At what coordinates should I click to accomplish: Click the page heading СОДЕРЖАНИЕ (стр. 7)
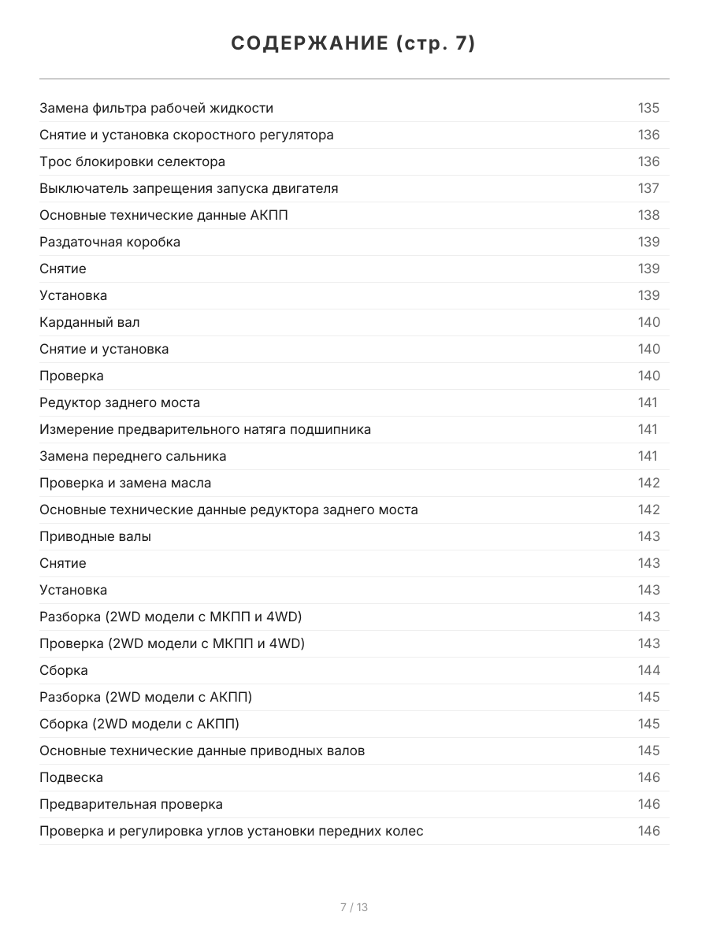(354, 44)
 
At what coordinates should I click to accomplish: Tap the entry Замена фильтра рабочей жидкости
(156, 108)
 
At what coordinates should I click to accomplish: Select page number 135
(648, 108)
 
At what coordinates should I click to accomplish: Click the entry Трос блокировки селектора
(132, 161)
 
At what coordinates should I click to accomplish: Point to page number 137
(648, 188)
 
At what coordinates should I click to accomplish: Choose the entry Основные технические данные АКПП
(163, 215)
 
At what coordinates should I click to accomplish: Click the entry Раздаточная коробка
(110, 242)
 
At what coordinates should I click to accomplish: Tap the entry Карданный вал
(90, 322)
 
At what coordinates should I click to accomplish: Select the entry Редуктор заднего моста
(120, 402)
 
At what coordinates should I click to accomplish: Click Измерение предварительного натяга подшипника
(205, 429)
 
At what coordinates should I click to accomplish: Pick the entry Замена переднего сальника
(132, 456)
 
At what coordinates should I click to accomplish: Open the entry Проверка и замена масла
(125, 483)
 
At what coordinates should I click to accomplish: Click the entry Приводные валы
(95, 536)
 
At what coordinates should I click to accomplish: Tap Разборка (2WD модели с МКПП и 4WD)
(171, 617)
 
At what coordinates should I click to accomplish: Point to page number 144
(648, 670)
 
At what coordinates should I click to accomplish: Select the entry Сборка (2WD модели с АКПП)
(139, 724)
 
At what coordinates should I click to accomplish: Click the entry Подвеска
(71, 777)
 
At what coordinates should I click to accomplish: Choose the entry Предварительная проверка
(131, 804)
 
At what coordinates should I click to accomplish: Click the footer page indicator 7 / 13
(354, 907)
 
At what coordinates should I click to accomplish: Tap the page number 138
(648, 215)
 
